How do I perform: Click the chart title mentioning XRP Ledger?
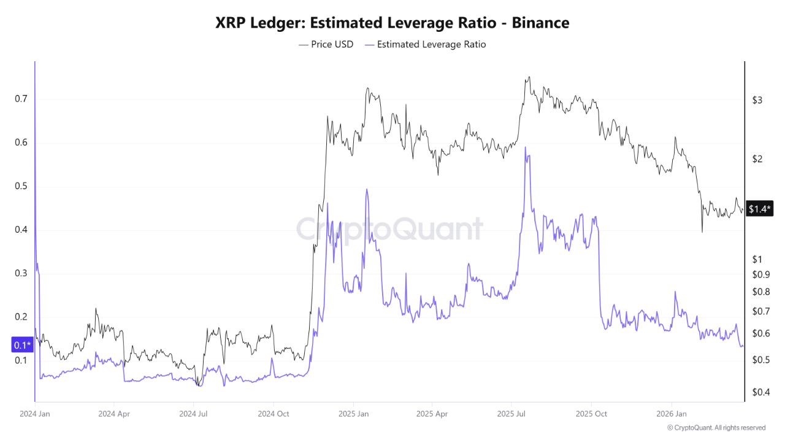click(x=392, y=23)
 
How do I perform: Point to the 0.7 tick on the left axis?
click(x=22, y=99)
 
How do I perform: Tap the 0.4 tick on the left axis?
click(x=22, y=230)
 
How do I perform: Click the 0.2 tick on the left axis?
click(x=22, y=317)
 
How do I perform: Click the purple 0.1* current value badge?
click(x=21, y=345)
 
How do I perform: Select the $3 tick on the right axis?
click(x=757, y=100)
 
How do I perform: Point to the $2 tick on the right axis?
click(x=757, y=159)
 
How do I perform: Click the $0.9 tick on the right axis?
click(x=760, y=274)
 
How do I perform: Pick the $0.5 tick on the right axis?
click(x=760, y=360)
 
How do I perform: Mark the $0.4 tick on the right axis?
click(x=760, y=392)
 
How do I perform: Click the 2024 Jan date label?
click(x=35, y=413)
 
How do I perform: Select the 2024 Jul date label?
click(x=194, y=413)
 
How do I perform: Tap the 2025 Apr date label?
click(x=431, y=413)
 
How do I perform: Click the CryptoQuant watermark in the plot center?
click(x=390, y=230)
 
